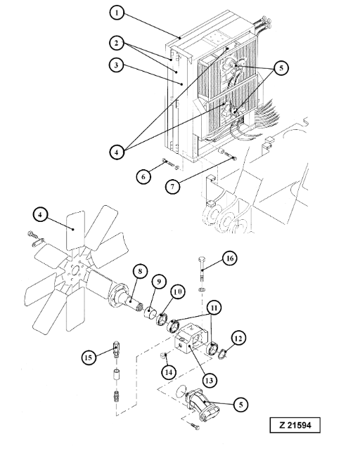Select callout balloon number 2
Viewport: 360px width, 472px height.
117,43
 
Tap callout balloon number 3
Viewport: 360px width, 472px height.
117,65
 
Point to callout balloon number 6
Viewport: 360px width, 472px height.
143,176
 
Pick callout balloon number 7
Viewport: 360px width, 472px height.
173,186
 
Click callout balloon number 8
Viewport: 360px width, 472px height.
140,272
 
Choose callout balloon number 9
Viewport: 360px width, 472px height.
159,282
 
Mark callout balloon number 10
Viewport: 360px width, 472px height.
179,291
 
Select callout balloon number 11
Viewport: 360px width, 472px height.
214,308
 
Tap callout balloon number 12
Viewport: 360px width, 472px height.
238,339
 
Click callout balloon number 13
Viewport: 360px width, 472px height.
209,381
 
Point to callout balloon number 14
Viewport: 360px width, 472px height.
169,372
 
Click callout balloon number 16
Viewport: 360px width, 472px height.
230,258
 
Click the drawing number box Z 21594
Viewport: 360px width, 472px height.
295,425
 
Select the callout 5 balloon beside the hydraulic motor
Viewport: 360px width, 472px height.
241,405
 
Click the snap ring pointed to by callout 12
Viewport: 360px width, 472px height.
223,353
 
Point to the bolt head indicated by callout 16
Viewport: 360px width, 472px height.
202,259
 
